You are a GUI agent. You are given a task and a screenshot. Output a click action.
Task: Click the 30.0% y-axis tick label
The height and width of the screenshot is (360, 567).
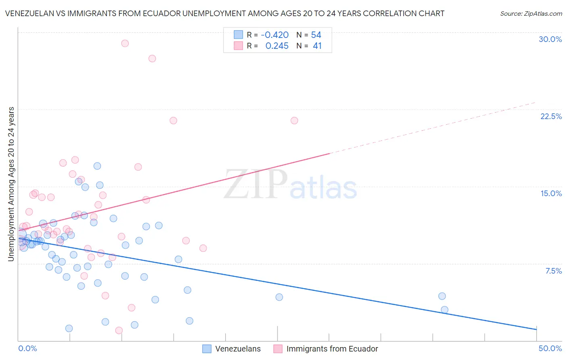(x=550, y=39)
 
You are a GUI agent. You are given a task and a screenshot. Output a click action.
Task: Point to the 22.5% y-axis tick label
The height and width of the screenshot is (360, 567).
(x=551, y=116)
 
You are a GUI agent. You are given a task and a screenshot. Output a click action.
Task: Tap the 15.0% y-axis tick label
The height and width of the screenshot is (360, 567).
(x=551, y=193)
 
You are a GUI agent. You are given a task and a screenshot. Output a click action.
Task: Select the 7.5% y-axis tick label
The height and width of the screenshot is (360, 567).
(x=553, y=271)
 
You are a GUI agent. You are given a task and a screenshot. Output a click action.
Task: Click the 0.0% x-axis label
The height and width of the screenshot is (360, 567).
(x=27, y=348)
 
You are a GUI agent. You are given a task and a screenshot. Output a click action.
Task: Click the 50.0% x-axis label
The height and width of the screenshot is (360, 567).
(x=550, y=348)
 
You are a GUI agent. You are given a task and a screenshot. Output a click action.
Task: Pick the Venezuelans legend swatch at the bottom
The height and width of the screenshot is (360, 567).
(x=207, y=349)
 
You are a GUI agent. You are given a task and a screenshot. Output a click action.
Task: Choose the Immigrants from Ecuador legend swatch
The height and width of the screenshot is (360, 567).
(x=278, y=349)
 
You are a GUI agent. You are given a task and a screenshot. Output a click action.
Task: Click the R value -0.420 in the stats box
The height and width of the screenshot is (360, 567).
(x=275, y=35)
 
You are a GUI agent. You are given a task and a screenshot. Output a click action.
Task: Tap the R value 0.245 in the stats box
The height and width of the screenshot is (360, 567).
(x=277, y=46)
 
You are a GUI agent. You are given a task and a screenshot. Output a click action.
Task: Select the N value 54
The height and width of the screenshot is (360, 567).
(x=316, y=35)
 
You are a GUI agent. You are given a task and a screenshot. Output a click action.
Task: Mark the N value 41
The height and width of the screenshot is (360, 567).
(x=317, y=46)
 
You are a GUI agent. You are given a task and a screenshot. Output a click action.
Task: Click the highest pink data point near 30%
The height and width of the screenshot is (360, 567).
(x=125, y=43)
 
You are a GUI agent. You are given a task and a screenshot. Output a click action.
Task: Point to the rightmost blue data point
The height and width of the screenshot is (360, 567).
(x=444, y=310)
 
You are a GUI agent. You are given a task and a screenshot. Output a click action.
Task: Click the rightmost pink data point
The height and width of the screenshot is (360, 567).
(x=294, y=121)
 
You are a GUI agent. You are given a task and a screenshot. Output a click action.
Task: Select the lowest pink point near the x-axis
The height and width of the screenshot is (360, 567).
(x=119, y=331)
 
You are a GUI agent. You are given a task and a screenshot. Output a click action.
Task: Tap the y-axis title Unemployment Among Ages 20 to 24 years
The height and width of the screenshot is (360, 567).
(x=11, y=184)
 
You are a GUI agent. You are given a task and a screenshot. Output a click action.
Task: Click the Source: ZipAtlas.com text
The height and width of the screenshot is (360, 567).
(x=531, y=14)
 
